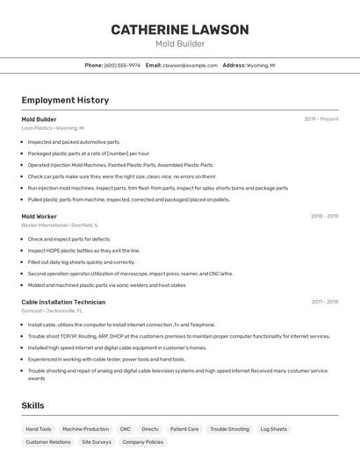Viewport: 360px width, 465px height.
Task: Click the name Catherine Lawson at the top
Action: coord(180,30)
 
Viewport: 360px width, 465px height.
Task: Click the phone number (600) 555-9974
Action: coord(122,65)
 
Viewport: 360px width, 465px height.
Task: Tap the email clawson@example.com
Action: coord(191,65)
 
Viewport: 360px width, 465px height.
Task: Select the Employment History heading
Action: coord(65,100)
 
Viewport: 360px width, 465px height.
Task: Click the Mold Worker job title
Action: coord(40,216)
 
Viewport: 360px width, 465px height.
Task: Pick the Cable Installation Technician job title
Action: coord(63,302)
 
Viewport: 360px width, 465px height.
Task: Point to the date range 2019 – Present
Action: coord(321,119)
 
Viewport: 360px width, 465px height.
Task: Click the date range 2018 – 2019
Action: coord(324,216)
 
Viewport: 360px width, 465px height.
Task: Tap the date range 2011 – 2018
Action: coord(324,302)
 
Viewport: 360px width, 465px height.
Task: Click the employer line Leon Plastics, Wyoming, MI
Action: coord(53,128)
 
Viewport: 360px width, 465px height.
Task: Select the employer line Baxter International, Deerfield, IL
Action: coord(60,225)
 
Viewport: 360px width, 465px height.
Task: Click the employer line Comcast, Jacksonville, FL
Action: coord(52,311)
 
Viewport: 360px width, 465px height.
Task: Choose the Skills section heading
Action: coord(32,405)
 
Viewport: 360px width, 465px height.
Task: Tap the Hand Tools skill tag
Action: coord(39,429)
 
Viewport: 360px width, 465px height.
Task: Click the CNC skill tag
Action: coord(126,429)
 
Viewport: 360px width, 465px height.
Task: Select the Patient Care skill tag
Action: coord(184,429)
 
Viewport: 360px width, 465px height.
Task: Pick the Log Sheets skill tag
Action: coord(274,429)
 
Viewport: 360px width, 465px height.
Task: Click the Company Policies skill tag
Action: coord(142,442)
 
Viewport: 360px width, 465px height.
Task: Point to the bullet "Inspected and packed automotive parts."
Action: coord(74,141)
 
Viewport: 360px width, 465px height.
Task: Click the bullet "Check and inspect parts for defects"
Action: coord(68,239)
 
